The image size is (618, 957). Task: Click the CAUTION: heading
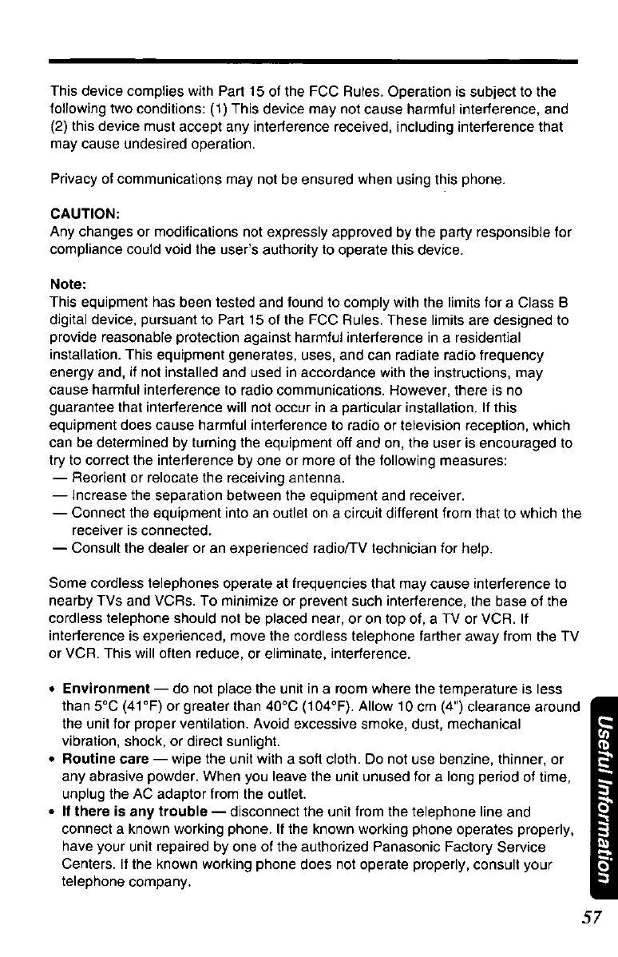(x=85, y=215)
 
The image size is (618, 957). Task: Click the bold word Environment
(x=108, y=689)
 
